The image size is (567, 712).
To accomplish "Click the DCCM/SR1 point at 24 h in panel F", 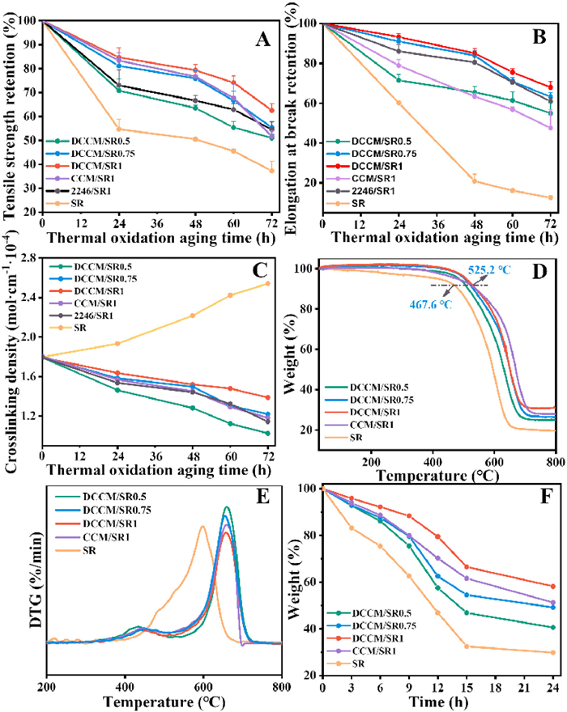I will point(553,587).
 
